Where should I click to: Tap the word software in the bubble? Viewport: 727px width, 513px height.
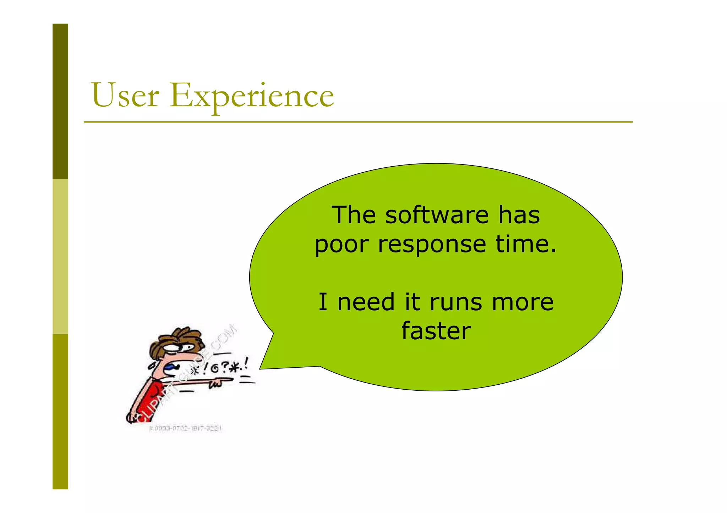[x=437, y=215]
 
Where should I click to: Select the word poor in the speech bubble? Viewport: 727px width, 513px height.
[x=342, y=245]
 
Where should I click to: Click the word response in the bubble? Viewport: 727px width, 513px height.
[x=432, y=245]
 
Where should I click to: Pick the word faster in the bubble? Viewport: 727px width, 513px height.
[x=436, y=330]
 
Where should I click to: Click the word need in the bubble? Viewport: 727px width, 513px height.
[x=366, y=302]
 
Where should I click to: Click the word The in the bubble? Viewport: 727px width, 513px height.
[x=354, y=215]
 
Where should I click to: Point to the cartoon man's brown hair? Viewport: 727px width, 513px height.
[x=177, y=339]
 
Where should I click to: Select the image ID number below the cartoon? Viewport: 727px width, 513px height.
[x=185, y=429]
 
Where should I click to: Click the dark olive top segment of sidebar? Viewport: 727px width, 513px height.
[x=60, y=101]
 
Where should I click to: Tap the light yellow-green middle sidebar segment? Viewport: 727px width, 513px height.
[x=60, y=256]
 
